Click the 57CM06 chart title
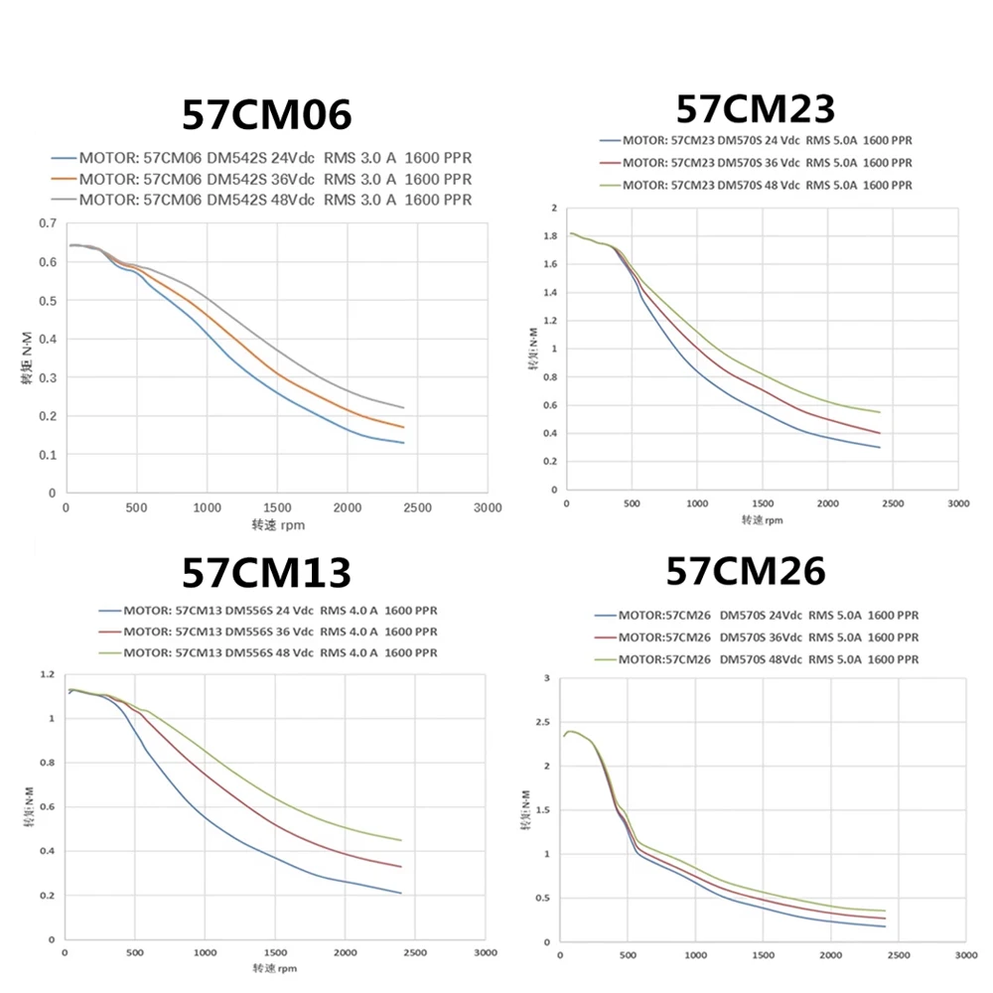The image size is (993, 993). [266, 116]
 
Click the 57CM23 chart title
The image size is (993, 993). [755, 107]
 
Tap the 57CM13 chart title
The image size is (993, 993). [266, 573]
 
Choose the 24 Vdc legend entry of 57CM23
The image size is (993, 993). [755, 140]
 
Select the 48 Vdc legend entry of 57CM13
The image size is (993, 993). [268, 652]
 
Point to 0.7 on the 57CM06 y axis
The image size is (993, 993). [47, 223]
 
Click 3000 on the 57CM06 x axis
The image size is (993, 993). [488, 507]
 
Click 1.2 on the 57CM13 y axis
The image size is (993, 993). [47, 675]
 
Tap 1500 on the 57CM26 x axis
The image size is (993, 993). [762, 956]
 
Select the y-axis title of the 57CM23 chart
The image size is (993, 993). [532, 350]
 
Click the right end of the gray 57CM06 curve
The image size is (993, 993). [404, 408]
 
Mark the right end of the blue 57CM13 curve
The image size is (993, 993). [401, 894]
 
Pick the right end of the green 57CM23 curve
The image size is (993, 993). [880, 412]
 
